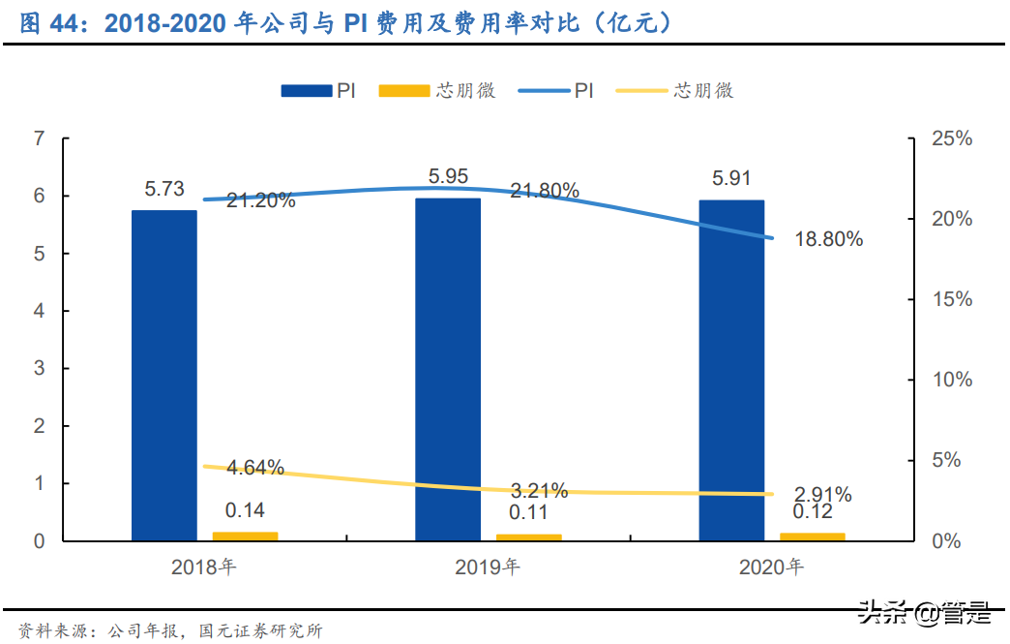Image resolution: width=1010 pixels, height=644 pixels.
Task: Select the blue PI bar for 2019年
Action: [448, 369]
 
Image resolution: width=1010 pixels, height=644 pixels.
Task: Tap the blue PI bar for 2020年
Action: [731, 370]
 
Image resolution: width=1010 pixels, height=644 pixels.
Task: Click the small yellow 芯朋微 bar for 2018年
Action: [245, 536]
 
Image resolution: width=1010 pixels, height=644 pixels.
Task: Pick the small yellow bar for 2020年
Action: [812, 536]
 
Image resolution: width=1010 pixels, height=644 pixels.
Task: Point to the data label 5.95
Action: [448, 177]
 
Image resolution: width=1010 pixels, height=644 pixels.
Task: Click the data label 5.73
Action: [164, 190]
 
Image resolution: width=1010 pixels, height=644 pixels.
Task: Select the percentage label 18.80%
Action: [828, 239]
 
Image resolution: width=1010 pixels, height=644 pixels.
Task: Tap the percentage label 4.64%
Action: [255, 468]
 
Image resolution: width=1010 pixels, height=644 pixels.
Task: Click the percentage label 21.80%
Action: [545, 191]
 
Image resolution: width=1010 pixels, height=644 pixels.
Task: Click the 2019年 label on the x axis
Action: [488, 567]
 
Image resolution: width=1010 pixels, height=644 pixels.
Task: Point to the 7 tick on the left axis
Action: [39, 138]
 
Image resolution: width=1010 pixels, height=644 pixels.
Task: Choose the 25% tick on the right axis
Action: [952, 138]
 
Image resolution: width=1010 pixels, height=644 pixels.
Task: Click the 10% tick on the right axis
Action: [952, 380]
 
